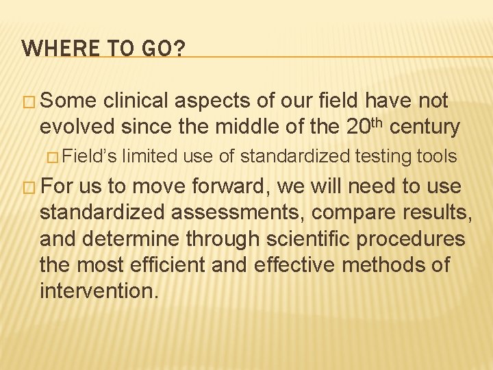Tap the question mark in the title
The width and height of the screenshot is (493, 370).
click(x=179, y=49)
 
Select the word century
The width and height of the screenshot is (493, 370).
click(x=427, y=127)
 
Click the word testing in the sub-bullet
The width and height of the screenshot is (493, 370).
click(x=383, y=157)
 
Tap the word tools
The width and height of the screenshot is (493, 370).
click(x=436, y=157)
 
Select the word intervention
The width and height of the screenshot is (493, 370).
click(x=99, y=291)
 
